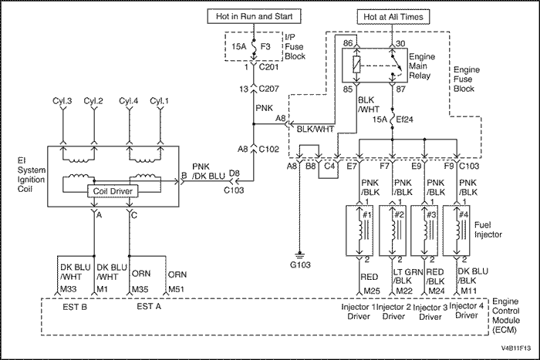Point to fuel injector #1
pyautogui.click(x=363, y=230)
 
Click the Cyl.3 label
pyautogui.click(x=63, y=100)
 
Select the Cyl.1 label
pyautogui.click(x=160, y=100)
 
